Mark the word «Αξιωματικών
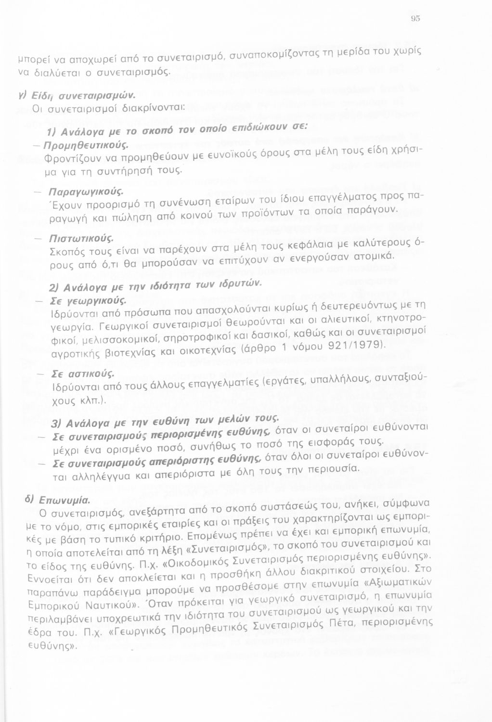pos(398,583)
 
